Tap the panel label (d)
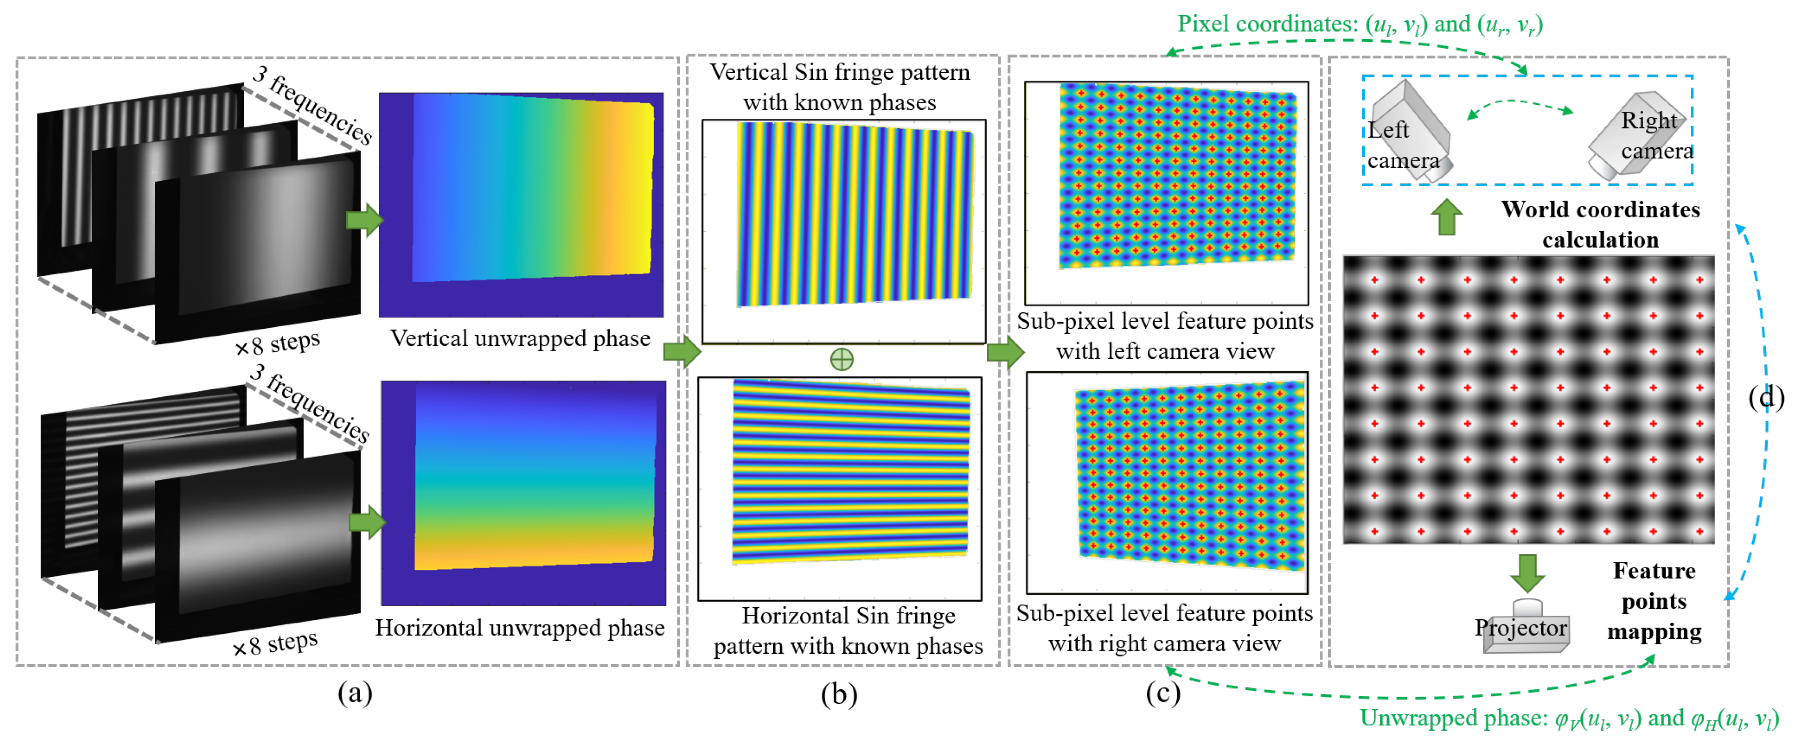1766,397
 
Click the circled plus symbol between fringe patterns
841,359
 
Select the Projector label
1520,628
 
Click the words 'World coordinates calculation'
1600,224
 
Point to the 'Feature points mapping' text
1654,601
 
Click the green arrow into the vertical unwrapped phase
364,220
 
